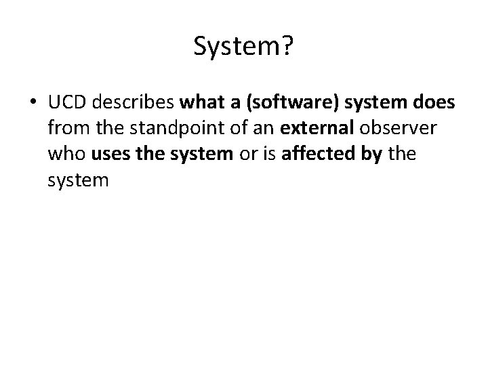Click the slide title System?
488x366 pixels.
tap(243, 46)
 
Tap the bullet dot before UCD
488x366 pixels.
tap(33, 103)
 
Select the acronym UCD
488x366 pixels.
tap(66, 103)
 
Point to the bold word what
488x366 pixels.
tap(198, 103)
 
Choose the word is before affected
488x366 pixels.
tap(269, 155)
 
